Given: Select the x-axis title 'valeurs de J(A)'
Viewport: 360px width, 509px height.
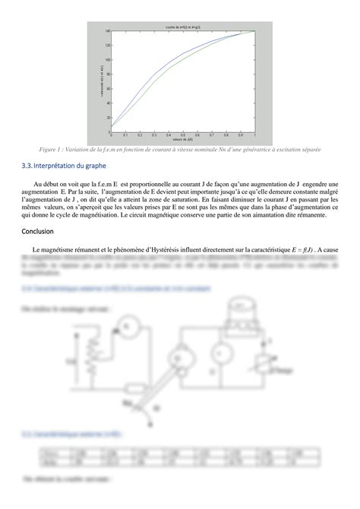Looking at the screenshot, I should [x=182, y=140].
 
